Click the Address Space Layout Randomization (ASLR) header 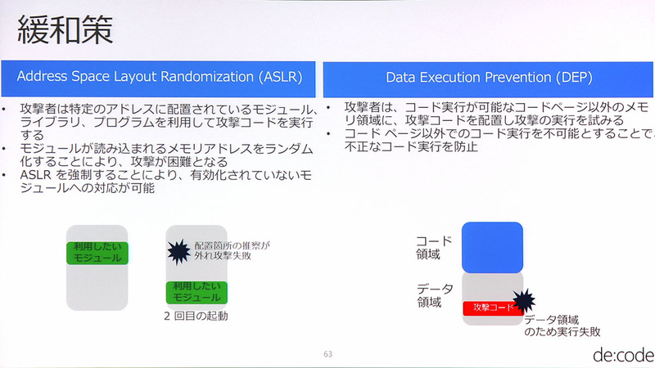[160, 78]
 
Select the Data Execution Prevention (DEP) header [489, 78]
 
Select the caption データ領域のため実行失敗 [562, 326]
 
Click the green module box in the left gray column [97, 251]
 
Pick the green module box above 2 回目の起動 [196, 292]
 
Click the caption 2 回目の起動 [196, 316]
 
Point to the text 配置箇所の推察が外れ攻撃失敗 [232, 250]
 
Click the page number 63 [327, 354]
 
